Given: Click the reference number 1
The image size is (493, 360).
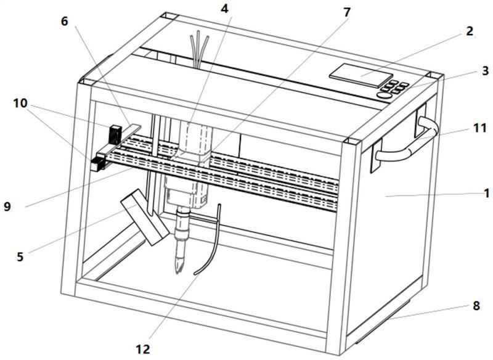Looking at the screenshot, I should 486,193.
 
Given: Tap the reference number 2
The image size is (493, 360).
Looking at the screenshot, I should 470,31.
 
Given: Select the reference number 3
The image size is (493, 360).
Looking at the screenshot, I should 486,72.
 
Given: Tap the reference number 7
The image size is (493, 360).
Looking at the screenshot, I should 347,12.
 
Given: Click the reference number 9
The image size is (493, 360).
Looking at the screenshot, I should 7,207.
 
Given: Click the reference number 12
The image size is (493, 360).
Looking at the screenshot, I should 144,349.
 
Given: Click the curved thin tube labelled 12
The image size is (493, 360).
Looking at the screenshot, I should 210,253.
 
